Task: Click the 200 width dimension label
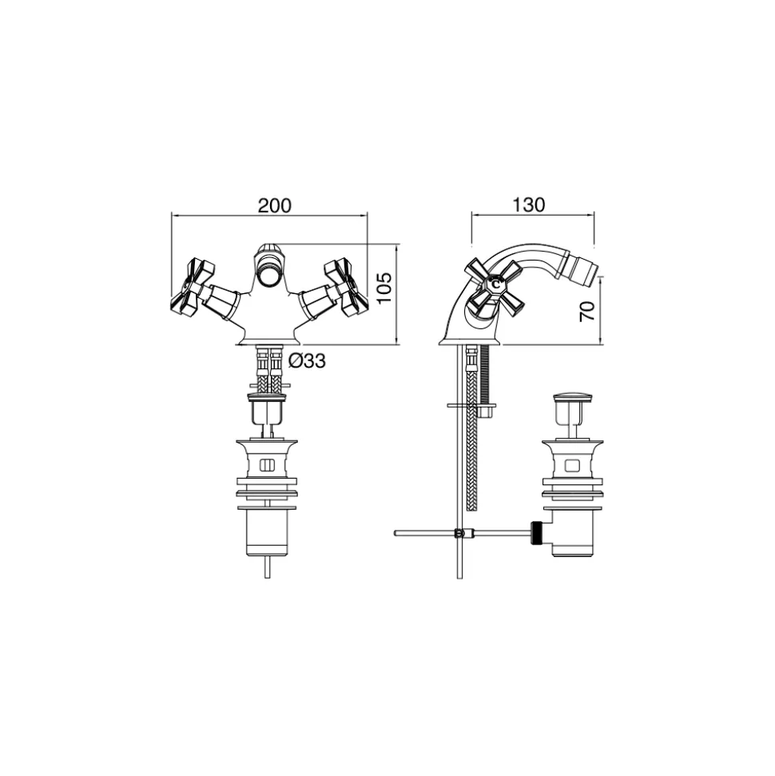coord(275,205)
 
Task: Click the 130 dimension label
coord(529,205)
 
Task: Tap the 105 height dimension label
coord(384,288)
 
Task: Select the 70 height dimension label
coord(587,311)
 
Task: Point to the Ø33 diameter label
coord(307,360)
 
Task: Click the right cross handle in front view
coord(347,288)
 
